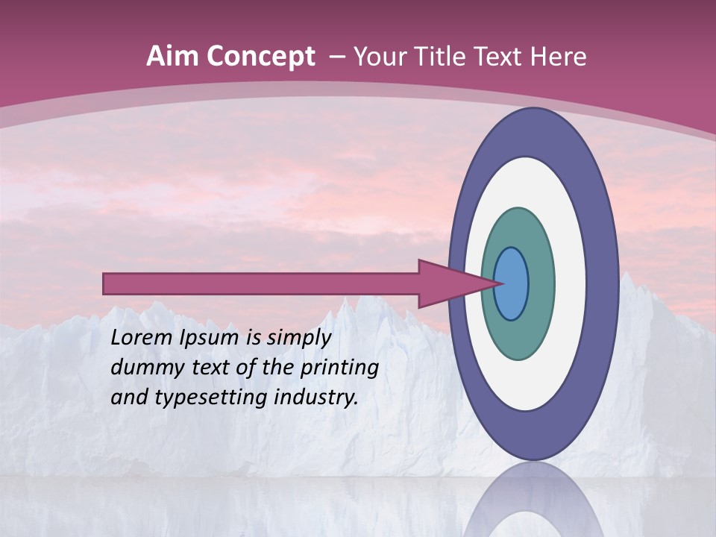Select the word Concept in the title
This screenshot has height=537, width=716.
coord(260,57)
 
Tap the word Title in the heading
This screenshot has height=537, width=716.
coord(448,57)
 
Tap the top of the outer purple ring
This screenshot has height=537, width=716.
coord(533,131)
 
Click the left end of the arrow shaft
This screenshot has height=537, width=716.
coord(107,283)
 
